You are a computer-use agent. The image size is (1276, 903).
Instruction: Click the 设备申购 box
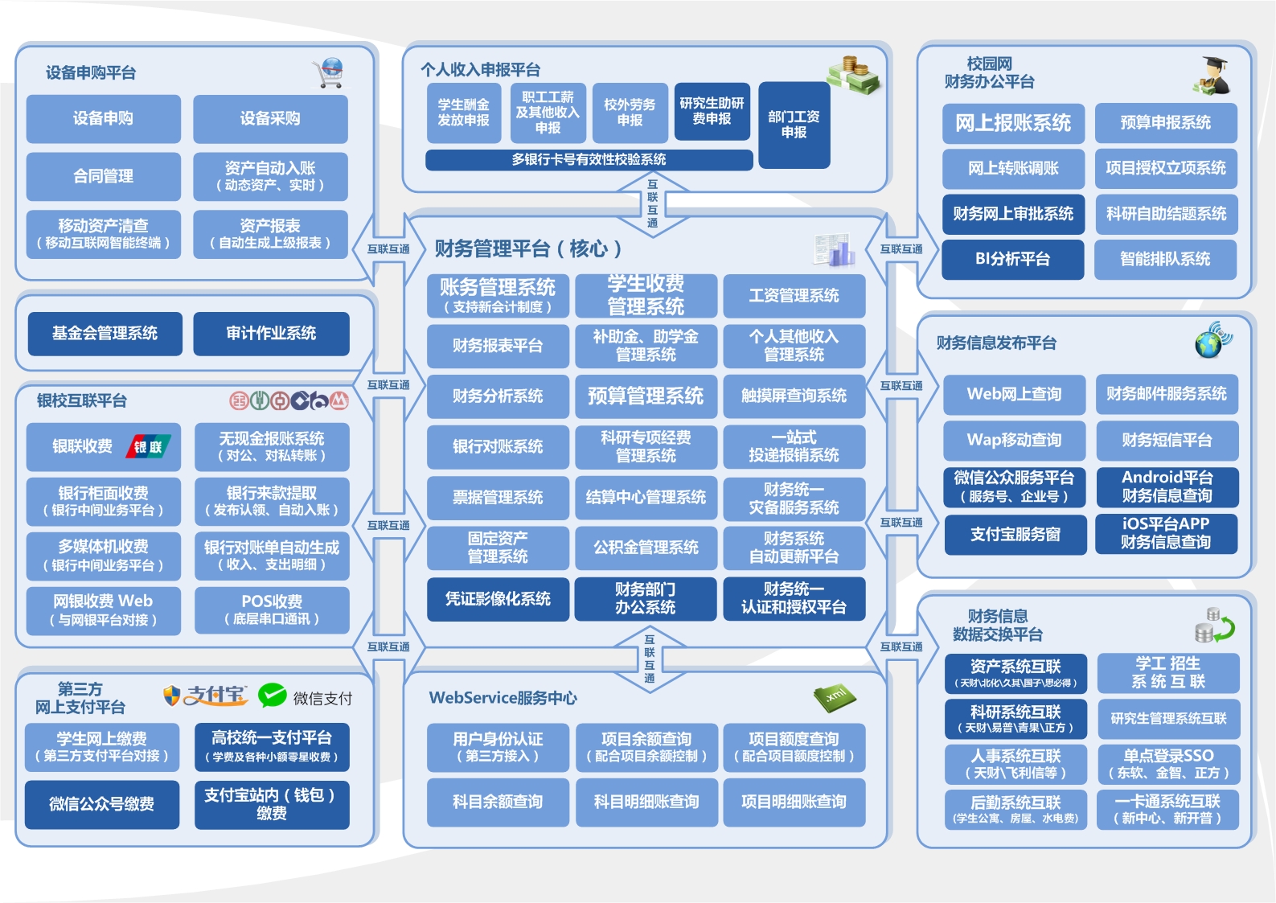(103, 118)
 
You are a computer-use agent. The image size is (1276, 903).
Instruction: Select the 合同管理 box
(103, 176)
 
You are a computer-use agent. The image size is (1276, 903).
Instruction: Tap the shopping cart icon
(329, 73)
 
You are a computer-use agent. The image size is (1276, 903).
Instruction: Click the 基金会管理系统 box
(105, 333)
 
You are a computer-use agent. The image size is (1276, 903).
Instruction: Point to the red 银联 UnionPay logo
(148, 446)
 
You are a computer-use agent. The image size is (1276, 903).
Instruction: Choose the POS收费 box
(272, 610)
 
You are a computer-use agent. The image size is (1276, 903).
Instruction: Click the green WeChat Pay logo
(273, 695)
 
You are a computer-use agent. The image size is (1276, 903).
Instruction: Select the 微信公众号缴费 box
(102, 804)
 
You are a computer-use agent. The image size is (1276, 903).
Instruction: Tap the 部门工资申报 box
(794, 125)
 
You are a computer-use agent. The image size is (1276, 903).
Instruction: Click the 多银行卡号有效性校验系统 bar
(589, 159)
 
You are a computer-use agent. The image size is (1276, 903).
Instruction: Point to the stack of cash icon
(853, 75)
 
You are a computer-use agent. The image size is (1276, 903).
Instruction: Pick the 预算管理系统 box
(646, 396)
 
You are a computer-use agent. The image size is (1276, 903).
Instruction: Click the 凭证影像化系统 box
(498, 599)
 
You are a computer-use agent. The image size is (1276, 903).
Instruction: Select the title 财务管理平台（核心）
(528, 249)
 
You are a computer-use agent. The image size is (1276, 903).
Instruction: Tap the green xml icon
(835, 697)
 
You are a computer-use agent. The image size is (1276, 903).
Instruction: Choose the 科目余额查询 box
(498, 802)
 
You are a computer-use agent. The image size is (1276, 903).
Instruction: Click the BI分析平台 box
(1013, 259)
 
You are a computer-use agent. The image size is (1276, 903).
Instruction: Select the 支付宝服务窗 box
(1015, 535)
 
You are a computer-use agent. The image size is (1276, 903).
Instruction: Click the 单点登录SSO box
(1168, 764)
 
